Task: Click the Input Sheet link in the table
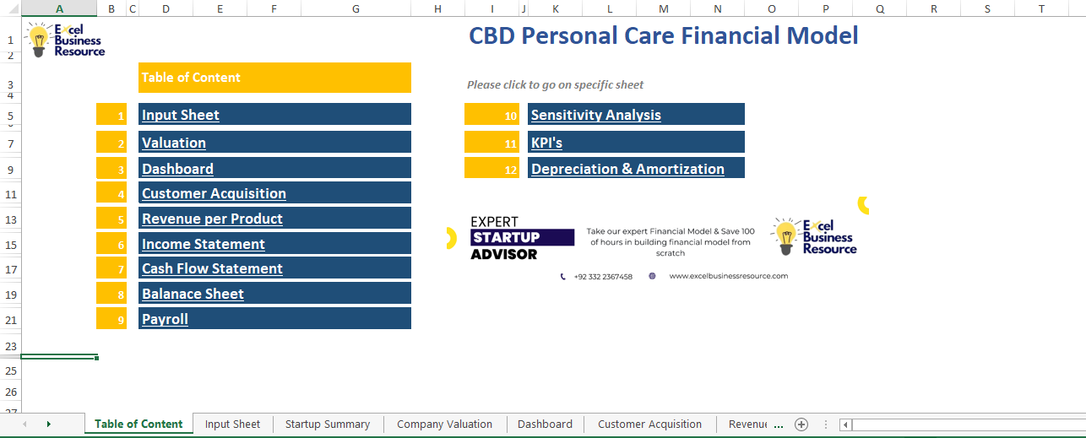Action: (181, 115)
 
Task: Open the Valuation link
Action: (174, 143)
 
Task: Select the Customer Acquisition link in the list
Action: (214, 193)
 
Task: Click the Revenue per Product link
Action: (212, 219)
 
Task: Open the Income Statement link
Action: (204, 244)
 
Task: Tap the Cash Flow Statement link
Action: (212, 268)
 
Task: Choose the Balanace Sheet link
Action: (193, 294)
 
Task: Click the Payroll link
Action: (165, 319)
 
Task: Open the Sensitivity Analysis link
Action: (595, 115)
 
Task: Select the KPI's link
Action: (546, 143)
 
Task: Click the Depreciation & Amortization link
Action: (627, 169)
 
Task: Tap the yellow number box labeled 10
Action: (491, 115)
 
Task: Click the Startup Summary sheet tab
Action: (328, 424)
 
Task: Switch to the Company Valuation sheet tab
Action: (444, 424)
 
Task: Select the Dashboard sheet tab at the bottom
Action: (545, 424)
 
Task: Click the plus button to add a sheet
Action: (801, 424)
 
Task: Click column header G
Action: (356, 8)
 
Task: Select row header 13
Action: (10, 219)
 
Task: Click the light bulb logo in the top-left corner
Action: (39, 40)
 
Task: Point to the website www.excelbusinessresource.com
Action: (728, 276)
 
